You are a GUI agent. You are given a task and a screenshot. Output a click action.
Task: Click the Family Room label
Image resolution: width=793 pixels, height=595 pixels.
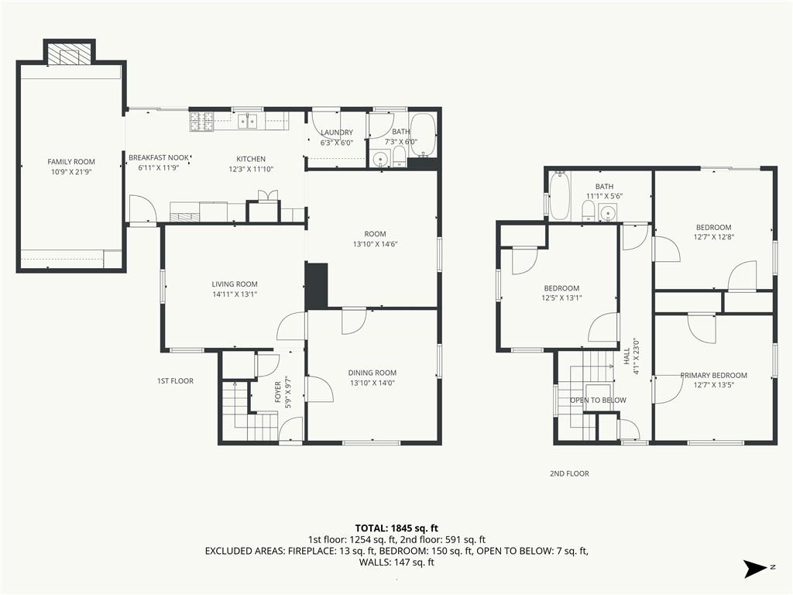point(71,162)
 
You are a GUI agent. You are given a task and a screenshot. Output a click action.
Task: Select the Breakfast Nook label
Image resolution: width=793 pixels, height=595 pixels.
point(158,158)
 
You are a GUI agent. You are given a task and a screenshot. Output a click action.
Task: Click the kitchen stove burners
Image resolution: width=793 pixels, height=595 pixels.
point(202,122)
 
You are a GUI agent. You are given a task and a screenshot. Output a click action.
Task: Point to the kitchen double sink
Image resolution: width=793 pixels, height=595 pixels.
point(247,121)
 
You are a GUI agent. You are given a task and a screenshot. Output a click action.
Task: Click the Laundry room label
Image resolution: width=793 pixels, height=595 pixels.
point(337,132)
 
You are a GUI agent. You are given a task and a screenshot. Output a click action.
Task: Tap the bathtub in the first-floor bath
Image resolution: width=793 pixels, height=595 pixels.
point(423,135)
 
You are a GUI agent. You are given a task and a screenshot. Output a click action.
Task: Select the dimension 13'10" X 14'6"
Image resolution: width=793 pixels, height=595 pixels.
point(375,244)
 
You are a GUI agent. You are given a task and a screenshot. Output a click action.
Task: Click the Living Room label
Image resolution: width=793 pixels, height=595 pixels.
point(235,284)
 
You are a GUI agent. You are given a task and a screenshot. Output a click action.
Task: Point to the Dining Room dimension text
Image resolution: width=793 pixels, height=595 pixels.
point(372,383)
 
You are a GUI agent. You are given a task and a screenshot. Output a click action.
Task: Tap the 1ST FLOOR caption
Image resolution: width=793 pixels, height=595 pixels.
point(175,381)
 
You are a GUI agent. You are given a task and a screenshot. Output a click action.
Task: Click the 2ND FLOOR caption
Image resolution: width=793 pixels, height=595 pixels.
point(569,473)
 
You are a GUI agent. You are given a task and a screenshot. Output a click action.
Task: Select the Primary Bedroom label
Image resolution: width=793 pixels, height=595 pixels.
point(713,376)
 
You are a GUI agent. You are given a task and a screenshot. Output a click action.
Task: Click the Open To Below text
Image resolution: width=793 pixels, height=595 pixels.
point(599,401)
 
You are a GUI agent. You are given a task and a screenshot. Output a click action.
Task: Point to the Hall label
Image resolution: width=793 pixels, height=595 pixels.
point(627,356)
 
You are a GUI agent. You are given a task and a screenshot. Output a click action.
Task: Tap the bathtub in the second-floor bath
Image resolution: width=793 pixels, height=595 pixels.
point(559,196)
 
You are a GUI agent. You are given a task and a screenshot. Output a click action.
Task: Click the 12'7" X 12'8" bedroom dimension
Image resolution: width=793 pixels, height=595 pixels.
point(713,237)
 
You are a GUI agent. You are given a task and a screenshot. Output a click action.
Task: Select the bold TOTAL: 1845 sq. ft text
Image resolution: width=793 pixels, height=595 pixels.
point(396,528)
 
